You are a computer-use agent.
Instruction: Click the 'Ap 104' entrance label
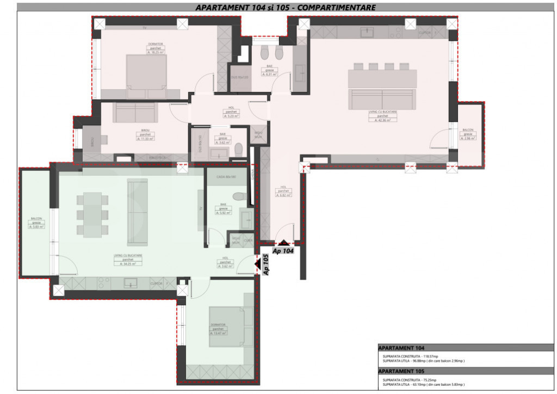(283, 251)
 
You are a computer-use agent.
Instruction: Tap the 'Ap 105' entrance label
(266, 264)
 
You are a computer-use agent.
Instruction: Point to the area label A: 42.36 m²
(382, 120)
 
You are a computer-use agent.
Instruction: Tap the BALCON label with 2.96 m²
(468, 138)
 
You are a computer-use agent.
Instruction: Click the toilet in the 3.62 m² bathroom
(238, 149)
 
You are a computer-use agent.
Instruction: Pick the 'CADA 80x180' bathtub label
(225, 177)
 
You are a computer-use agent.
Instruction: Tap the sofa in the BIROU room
(134, 113)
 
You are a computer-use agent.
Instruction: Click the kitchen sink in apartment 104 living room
(367, 33)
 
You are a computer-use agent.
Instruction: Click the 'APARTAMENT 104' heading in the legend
(401, 348)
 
